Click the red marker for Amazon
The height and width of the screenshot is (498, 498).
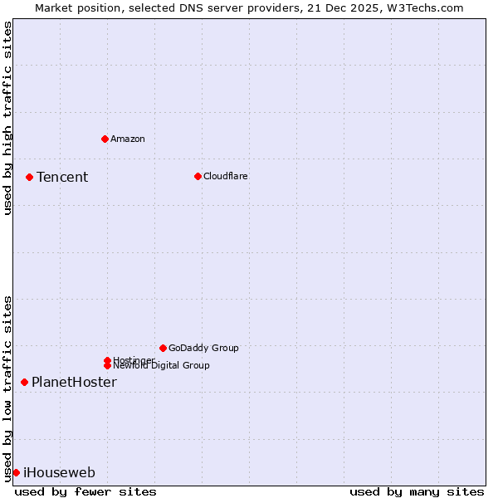coord(105,139)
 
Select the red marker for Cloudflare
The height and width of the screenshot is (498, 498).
coord(198,176)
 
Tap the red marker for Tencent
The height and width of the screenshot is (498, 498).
coord(29,177)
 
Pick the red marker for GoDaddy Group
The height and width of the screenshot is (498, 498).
coord(163,348)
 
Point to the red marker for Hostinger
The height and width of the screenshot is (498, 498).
coord(107,360)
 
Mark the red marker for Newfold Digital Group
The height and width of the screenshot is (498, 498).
coord(107,365)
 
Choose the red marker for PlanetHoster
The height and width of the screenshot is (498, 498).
coord(24,382)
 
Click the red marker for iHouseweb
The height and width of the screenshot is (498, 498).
coord(16,472)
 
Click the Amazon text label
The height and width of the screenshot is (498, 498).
coord(128,139)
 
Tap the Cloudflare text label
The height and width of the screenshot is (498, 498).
coord(226,176)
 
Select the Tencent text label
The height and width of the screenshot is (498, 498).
coord(62,177)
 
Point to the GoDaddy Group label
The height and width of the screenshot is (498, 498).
coord(203,348)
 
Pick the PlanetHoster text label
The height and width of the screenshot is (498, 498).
coord(74,382)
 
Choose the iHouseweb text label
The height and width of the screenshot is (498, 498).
coord(59,472)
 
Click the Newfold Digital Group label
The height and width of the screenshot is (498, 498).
coord(162,366)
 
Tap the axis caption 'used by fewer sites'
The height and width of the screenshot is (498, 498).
coord(85,491)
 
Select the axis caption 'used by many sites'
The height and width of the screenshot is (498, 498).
coord(417,491)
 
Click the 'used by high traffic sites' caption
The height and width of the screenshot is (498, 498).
coord(8,118)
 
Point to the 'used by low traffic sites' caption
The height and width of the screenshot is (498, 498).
coord(8,388)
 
